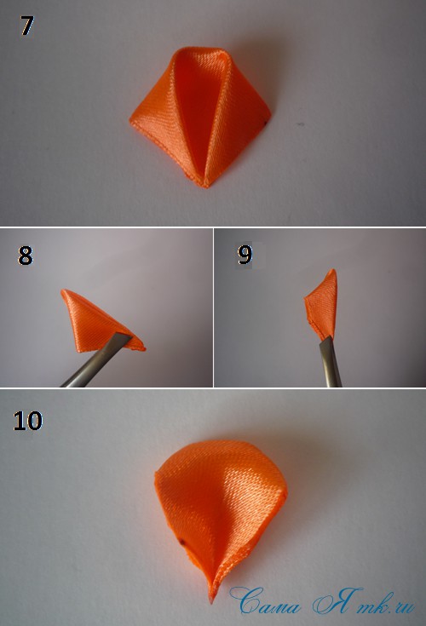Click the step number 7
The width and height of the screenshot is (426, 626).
pyautogui.click(x=26, y=26)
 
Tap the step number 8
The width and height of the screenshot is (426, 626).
pyautogui.click(x=26, y=256)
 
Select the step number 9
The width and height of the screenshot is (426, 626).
pyautogui.click(x=245, y=255)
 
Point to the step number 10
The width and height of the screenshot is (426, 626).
pyautogui.click(x=27, y=421)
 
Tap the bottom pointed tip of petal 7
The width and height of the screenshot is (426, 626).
pyautogui.click(x=204, y=187)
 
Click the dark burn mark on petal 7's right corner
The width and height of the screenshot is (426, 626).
pyautogui.click(x=267, y=122)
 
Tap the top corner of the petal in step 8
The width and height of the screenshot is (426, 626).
pyautogui.click(x=63, y=291)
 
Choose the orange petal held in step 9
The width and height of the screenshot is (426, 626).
pyautogui.click(x=322, y=306)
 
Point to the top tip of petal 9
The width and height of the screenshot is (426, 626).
pyautogui.click(x=333, y=271)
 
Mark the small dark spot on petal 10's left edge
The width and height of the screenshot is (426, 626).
pyautogui.click(x=182, y=543)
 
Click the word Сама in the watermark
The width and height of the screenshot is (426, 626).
pyautogui.click(x=265, y=600)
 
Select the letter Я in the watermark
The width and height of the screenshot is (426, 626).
pyautogui.click(x=337, y=600)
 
